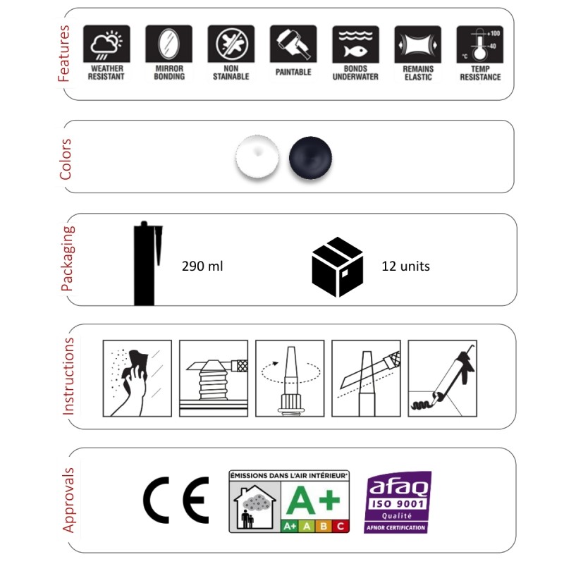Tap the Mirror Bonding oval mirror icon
point(168,44)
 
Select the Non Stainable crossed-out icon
point(231,44)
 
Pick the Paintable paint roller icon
point(293,44)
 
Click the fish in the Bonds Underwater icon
point(355,51)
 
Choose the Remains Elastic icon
point(417,44)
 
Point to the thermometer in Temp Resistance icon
point(479,45)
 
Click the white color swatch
point(257,157)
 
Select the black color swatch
point(310,157)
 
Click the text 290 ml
point(202,266)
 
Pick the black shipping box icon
point(338,267)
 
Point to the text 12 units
point(406,266)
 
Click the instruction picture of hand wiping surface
point(137,379)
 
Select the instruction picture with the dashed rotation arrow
point(290,379)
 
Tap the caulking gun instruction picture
point(443,379)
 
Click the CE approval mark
point(176,500)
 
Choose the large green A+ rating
point(313,500)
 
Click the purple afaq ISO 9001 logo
point(397,502)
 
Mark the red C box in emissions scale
point(341,526)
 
